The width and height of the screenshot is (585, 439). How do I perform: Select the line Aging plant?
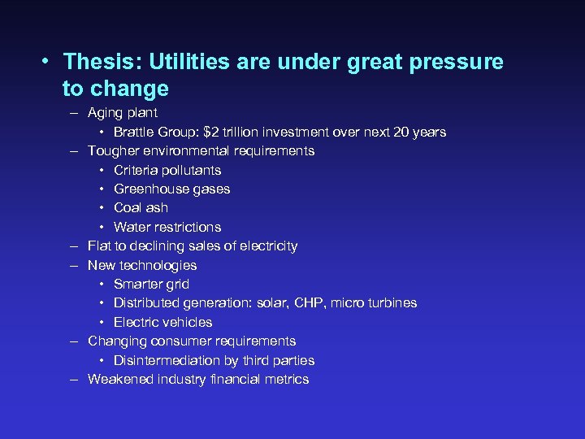pos(123,113)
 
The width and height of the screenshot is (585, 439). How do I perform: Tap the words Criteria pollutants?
pos(167,170)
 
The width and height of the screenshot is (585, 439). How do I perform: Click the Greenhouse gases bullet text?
pos(172,189)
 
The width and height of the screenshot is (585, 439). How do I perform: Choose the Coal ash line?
pos(141,207)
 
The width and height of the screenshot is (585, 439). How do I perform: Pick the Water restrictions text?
pos(167,227)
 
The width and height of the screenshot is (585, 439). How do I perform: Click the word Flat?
pos(99,246)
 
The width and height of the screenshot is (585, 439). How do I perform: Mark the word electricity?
pos(266,246)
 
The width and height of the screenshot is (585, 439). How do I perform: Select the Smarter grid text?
pos(151,284)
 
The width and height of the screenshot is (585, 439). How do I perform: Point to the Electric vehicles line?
pos(163,322)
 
